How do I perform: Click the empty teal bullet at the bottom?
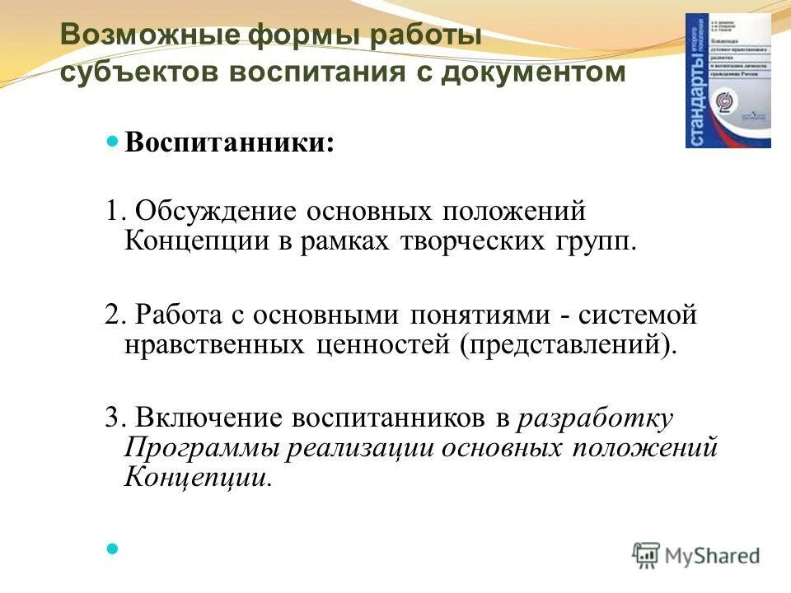point(114,546)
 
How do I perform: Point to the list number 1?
point(113,210)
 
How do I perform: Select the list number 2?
point(113,314)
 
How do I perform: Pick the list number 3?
point(113,418)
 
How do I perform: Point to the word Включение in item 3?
point(209,418)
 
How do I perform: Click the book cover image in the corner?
point(728,81)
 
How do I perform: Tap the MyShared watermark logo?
point(696,555)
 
